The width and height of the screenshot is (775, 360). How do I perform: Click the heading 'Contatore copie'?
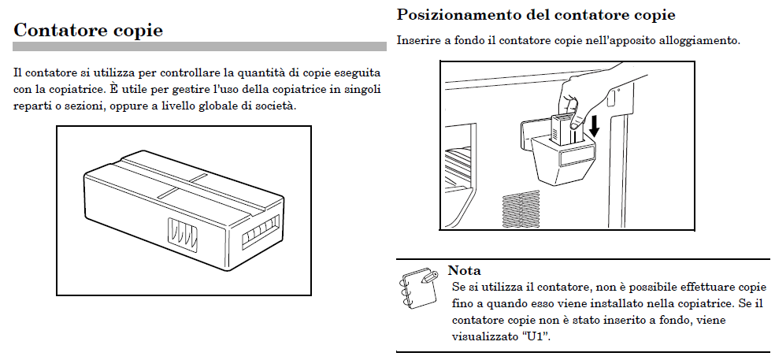pos(88,30)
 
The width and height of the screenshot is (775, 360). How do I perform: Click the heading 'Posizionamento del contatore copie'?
pos(536,14)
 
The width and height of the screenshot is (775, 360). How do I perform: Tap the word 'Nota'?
pos(465,271)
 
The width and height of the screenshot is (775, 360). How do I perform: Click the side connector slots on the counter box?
pos(181,234)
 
